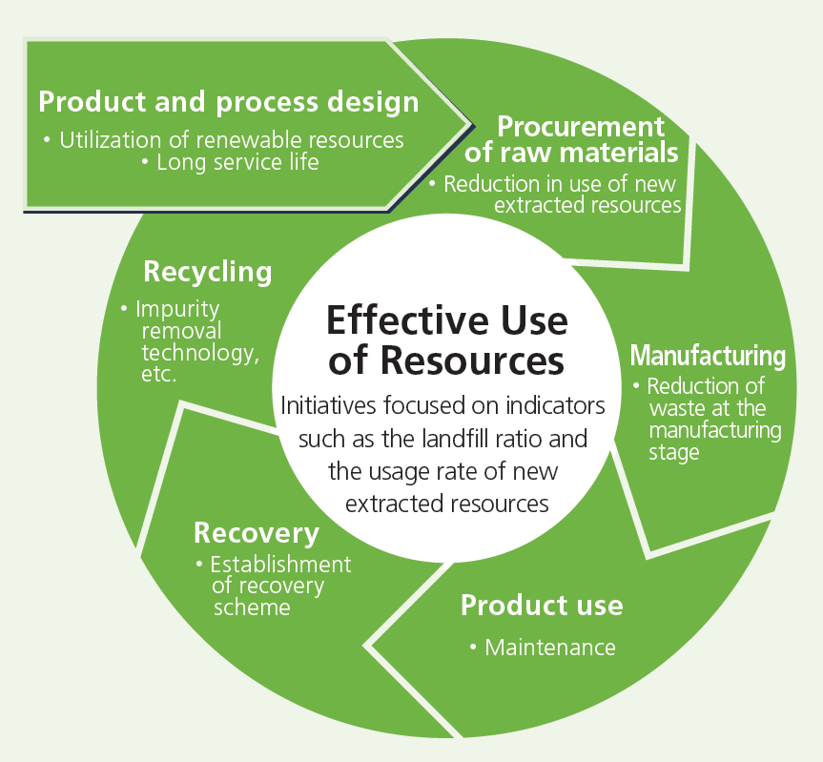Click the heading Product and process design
pyautogui.click(x=228, y=102)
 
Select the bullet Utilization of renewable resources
pyautogui.click(x=223, y=140)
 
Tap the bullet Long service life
pyautogui.click(x=230, y=163)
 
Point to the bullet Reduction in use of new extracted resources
pyautogui.click(x=557, y=195)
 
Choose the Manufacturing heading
pyautogui.click(x=708, y=356)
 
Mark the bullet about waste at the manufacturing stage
pyautogui.click(x=707, y=420)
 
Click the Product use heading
pyautogui.click(x=542, y=605)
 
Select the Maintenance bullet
pyautogui.click(x=543, y=648)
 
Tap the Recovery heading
pyautogui.click(x=257, y=532)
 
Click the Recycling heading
pyautogui.click(x=207, y=272)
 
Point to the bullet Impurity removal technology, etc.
pyautogui.click(x=190, y=341)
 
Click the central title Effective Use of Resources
pyautogui.click(x=446, y=340)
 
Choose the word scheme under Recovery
pyautogui.click(x=250, y=607)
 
